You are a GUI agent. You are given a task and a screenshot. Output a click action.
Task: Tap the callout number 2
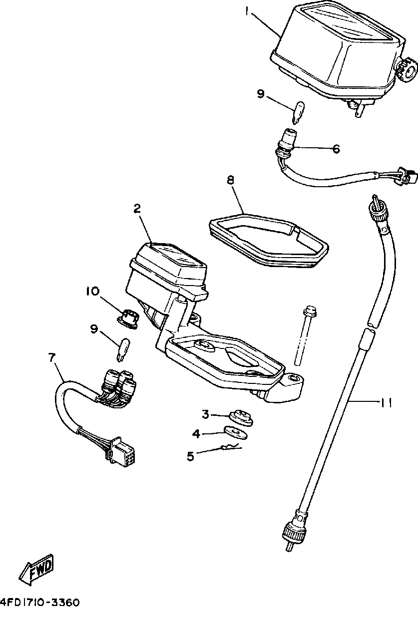click(x=137, y=209)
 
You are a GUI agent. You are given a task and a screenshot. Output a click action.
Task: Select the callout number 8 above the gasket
click(x=230, y=180)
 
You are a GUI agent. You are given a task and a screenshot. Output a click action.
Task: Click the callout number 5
click(x=191, y=456)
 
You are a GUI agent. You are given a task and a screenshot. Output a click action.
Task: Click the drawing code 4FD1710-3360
click(x=40, y=603)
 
